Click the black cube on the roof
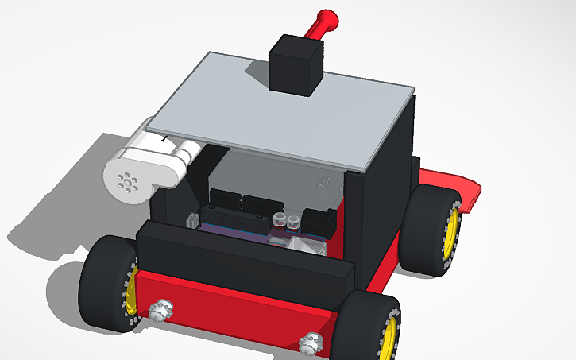[296, 64]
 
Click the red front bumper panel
[238, 310]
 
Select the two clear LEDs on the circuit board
[286, 218]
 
